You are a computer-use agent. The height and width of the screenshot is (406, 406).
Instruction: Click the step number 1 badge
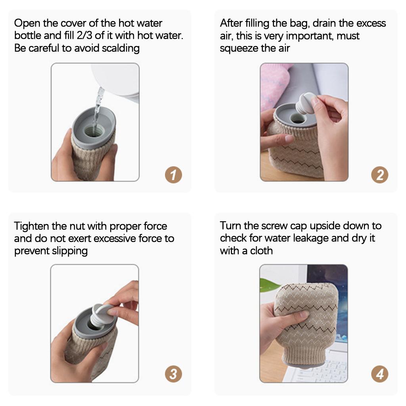(x=173, y=175)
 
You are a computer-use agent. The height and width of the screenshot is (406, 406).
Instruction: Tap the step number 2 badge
(x=379, y=175)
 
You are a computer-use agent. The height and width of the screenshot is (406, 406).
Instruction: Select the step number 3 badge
(x=173, y=373)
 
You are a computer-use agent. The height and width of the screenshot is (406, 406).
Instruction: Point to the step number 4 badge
(x=379, y=373)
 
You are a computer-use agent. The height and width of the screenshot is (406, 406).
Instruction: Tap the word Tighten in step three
(x=32, y=226)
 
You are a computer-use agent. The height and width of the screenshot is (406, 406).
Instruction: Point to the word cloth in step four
(x=261, y=251)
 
